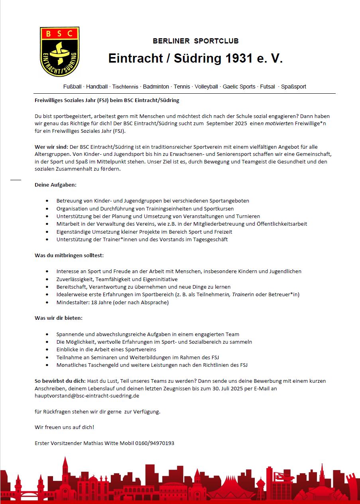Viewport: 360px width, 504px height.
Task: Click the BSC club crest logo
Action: (60, 51)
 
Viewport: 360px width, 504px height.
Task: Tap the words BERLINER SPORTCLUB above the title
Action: (195, 41)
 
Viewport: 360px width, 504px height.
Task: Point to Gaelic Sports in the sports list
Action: (239, 87)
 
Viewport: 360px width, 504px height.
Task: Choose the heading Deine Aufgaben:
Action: (55, 185)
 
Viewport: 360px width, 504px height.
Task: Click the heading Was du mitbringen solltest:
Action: (69, 255)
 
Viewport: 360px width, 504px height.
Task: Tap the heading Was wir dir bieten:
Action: (59, 318)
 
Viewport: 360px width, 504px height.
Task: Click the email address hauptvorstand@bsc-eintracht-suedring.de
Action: (87, 396)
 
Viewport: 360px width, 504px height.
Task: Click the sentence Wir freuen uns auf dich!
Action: (65, 427)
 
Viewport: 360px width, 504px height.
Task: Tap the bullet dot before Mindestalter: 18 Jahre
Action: (48, 303)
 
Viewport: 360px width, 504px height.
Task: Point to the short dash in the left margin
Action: (16, 180)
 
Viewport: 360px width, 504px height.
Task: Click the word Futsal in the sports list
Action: (268, 87)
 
